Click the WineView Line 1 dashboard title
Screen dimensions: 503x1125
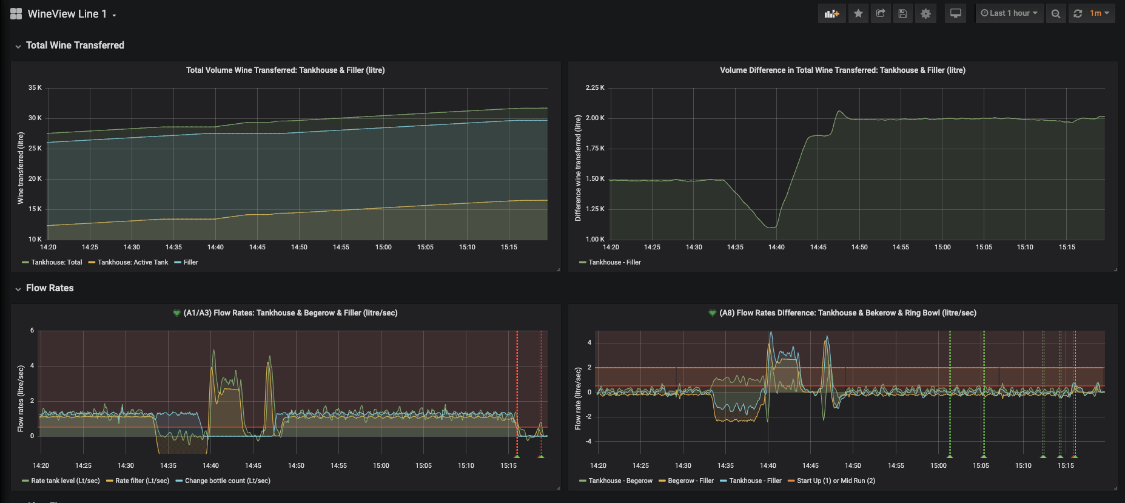click(67, 14)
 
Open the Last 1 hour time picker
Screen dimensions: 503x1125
click(1009, 13)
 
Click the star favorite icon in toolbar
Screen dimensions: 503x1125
click(858, 13)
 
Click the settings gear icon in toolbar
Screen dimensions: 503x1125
click(925, 13)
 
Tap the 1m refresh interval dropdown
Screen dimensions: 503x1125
click(1100, 13)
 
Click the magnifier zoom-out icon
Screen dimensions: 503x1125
click(1056, 13)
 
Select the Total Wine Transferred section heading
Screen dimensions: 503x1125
click(75, 46)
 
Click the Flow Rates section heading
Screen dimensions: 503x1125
click(50, 288)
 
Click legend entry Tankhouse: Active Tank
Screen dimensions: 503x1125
click(133, 262)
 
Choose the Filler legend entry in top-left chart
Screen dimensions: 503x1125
click(190, 262)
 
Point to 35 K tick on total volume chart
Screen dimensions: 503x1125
click(35, 88)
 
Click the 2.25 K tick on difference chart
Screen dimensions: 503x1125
click(594, 88)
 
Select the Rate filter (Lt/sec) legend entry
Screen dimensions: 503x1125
click(142, 481)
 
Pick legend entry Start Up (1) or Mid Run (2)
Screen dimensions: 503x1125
click(836, 481)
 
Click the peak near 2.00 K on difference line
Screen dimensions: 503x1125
click(839, 111)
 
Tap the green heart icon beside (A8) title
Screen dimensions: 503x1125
click(712, 313)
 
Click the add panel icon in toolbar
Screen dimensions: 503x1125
click(831, 13)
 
